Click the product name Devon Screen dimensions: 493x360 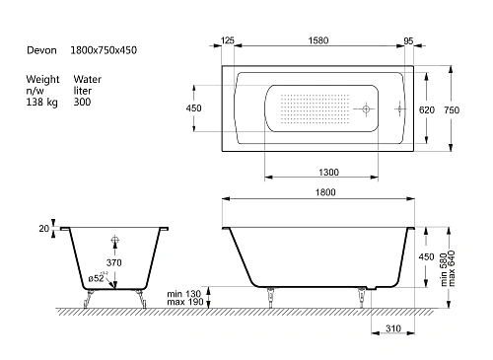click(x=41, y=50)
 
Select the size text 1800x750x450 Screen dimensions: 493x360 click(x=104, y=50)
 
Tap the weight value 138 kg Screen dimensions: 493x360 click(x=41, y=102)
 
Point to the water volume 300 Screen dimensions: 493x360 click(x=82, y=102)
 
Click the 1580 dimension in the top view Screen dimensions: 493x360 click(x=318, y=40)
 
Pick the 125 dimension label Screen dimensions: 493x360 click(x=228, y=40)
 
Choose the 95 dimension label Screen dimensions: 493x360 click(x=408, y=41)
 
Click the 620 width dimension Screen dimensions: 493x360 click(x=427, y=109)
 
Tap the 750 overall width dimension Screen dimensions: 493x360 click(x=452, y=109)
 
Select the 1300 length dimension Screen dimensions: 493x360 click(x=328, y=172)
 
